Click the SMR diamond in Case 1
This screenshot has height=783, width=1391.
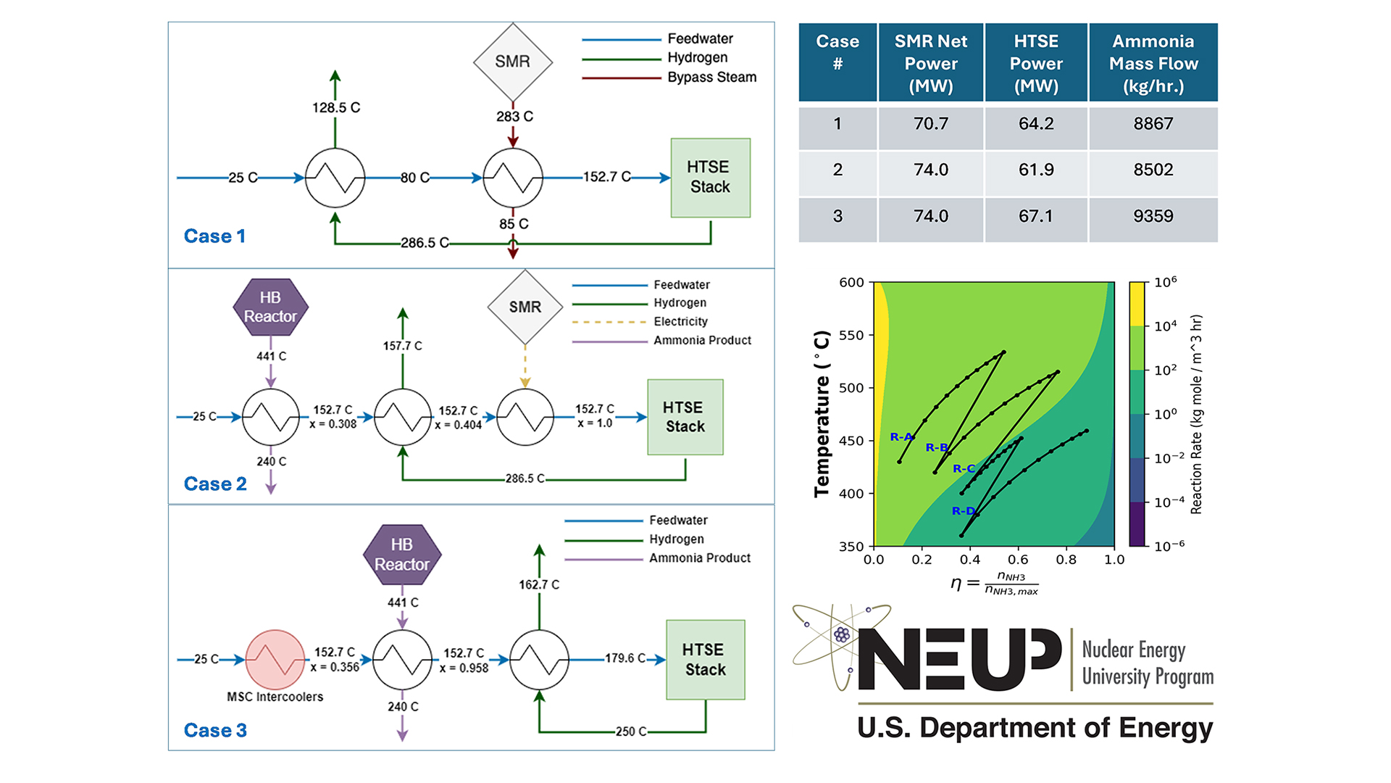point(513,62)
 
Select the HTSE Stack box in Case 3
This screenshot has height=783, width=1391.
point(705,660)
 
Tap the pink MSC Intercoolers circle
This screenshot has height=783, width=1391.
point(275,660)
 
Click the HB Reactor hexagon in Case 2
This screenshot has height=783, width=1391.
point(270,307)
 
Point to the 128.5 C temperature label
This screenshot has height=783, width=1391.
point(335,108)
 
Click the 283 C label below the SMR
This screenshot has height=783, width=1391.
point(514,117)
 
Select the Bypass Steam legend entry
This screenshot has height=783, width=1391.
point(711,78)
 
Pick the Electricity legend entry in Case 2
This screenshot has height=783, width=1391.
point(680,322)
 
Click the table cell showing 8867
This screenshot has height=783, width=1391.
point(1153,124)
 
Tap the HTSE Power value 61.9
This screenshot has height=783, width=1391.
point(1036,170)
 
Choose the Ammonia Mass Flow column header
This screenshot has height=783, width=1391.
point(1153,63)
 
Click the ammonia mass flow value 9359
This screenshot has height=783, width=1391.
point(1153,216)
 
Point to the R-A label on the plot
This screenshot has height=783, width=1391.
point(901,437)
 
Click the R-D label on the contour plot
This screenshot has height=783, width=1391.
point(963,511)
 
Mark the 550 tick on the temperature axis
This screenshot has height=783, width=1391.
point(851,336)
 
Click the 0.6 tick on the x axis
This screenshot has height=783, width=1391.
point(1018,560)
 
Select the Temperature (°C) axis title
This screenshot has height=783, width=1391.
point(822,414)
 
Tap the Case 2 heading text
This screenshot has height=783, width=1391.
point(215,484)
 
